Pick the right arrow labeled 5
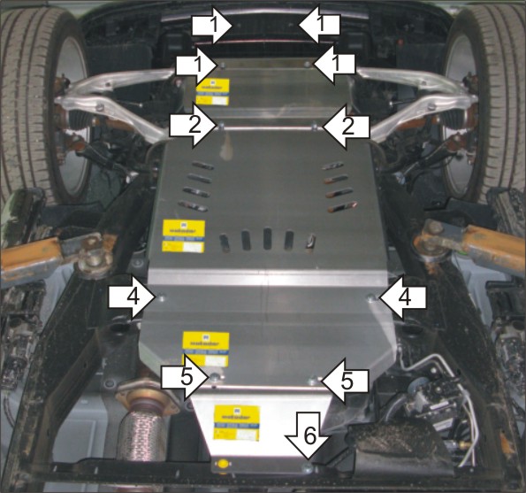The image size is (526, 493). click(344, 381)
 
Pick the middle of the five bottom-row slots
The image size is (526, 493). click(267, 241)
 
